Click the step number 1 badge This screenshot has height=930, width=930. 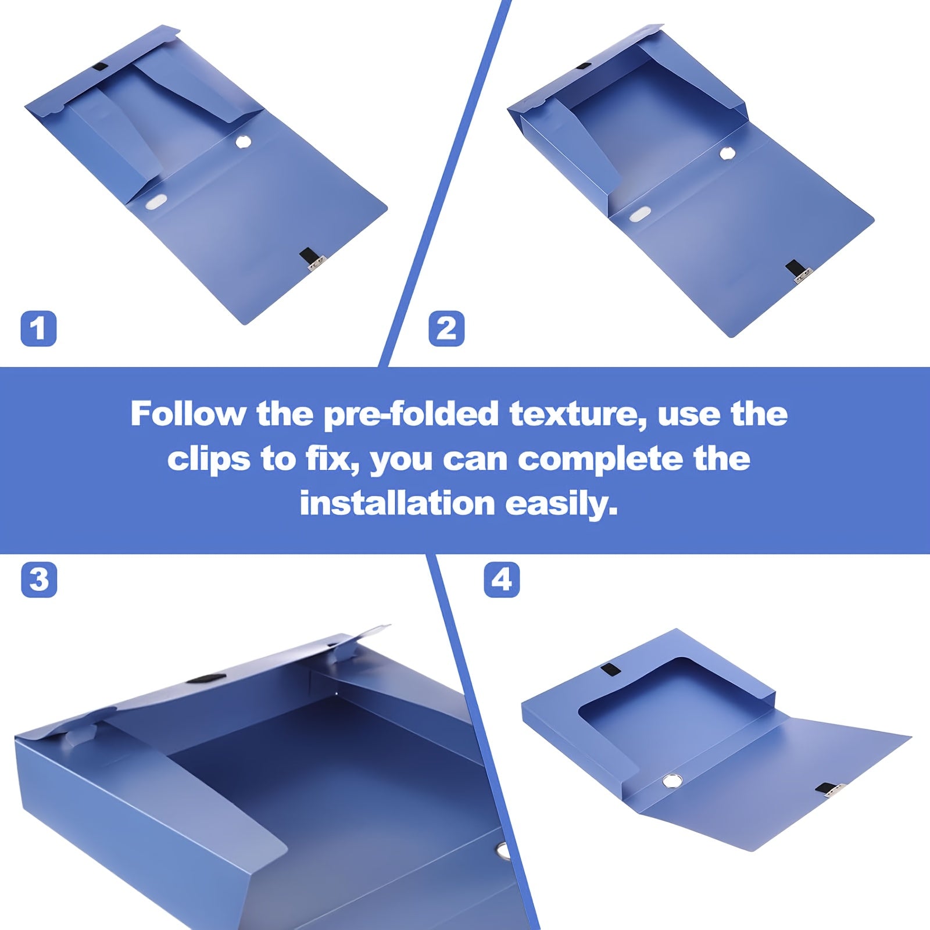click(x=38, y=329)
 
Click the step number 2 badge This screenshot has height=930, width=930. click(x=446, y=329)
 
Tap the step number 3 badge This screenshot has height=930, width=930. click(x=39, y=580)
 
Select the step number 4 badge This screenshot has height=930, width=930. click(x=502, y=580)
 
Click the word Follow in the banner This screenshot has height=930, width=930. click(x=188, y=414)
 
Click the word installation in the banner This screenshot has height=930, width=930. click(x=397, y=503)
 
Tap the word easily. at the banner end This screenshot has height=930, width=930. click(x=561, y=503)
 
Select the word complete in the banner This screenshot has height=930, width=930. click(x=600, y=459)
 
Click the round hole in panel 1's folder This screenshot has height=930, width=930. click(x=244, y=142)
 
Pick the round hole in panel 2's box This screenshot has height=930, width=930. click(x=727, y=153)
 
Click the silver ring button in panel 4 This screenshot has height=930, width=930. click(x=672, y=780)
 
